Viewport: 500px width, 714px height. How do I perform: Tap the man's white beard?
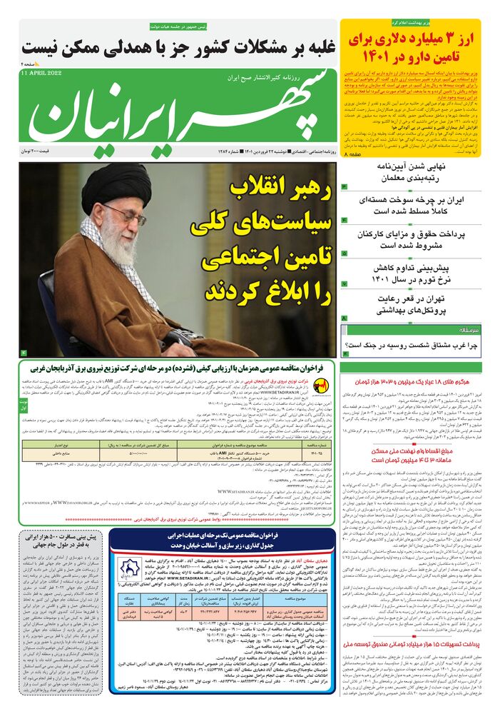[x=118, y=246]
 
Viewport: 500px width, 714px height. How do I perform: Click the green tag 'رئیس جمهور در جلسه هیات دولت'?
[x=178, y=26]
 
